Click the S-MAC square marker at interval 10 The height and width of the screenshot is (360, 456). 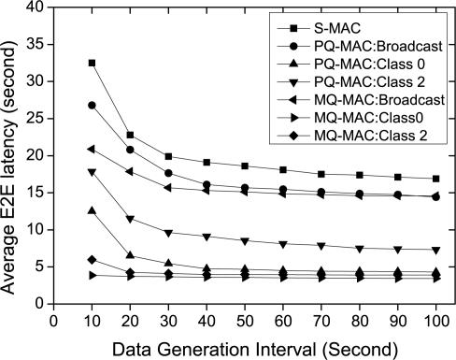pyautogui.click(x=92, y=63)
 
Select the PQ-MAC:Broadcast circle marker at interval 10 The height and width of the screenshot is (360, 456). pyautogui.click(x=92, y=106)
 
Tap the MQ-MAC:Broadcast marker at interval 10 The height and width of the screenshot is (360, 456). pyautogui.click(x=92, y=149)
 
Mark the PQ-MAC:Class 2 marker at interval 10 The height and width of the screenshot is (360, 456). pyautogui.click(x=92, y=172)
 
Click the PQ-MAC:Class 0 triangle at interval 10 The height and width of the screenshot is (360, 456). pyautogui.click(x=92, y=210)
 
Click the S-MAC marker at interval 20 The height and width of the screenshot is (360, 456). pyautogui.click(x=130, y=135)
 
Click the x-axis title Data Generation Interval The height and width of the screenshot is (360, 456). pyautogui.click(x=244, y=346)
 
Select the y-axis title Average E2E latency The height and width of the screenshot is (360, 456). pyautogui.click(x=12, y=154)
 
